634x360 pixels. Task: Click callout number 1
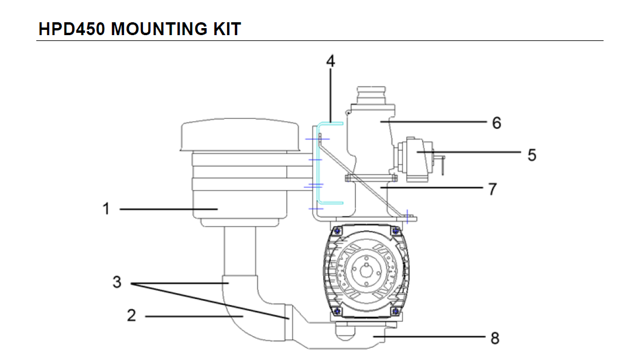tap(106, 209)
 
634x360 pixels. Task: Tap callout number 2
tap(131, 316)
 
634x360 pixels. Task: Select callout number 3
tap(117, 282)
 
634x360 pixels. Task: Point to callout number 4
tap(331, 61)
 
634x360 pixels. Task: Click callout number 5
tap(532, 155)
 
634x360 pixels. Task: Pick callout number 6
tap(497, 123)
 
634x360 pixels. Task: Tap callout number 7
tap(492, 189)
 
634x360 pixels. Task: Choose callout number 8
tap(495, 338)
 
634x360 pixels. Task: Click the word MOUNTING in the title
tap(159, 29)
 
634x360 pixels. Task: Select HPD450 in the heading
tap(71, 29)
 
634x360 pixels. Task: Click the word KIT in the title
tap(227, 29)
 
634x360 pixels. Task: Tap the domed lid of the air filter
tap(240, 135)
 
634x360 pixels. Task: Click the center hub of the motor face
tap(366, 269)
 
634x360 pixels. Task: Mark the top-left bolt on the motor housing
tap(337, 231)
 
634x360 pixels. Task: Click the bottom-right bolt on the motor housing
tap(395, 311)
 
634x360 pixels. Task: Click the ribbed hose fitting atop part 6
tap(371, 95)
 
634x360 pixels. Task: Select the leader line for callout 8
tap(429, 336)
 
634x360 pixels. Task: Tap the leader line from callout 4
tap(331, 95)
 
